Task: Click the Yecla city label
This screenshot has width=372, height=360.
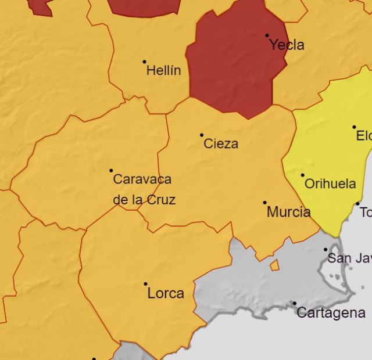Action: click(287, 45)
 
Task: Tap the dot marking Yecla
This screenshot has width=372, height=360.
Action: click(267, 35)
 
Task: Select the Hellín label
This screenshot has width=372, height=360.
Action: click(163, 71)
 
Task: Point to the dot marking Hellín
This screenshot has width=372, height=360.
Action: click(144, 62)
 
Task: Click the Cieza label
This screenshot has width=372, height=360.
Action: click(221, 143)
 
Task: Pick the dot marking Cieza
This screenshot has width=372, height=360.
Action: click(202, 135)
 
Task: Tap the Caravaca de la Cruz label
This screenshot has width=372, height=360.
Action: click(143, 189)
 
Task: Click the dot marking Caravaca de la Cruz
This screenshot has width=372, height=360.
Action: click(111, 171)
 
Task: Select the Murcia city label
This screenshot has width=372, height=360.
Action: click(288, 212)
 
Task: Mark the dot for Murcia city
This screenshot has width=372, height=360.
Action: click(264, 203)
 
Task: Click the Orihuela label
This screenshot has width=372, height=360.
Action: click(330, 184)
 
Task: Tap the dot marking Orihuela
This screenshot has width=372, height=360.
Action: click(302, 175)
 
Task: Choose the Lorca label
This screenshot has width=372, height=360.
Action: click(166, 293)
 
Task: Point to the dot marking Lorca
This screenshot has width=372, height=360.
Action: click(145, 284)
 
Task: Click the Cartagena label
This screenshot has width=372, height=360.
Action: click(331, 312)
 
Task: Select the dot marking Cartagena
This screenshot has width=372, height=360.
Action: click(294, 303)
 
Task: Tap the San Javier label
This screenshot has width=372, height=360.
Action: click(349, 258)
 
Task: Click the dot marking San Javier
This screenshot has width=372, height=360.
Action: click(325, 250)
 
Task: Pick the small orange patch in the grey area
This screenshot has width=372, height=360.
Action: click(274, 265)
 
